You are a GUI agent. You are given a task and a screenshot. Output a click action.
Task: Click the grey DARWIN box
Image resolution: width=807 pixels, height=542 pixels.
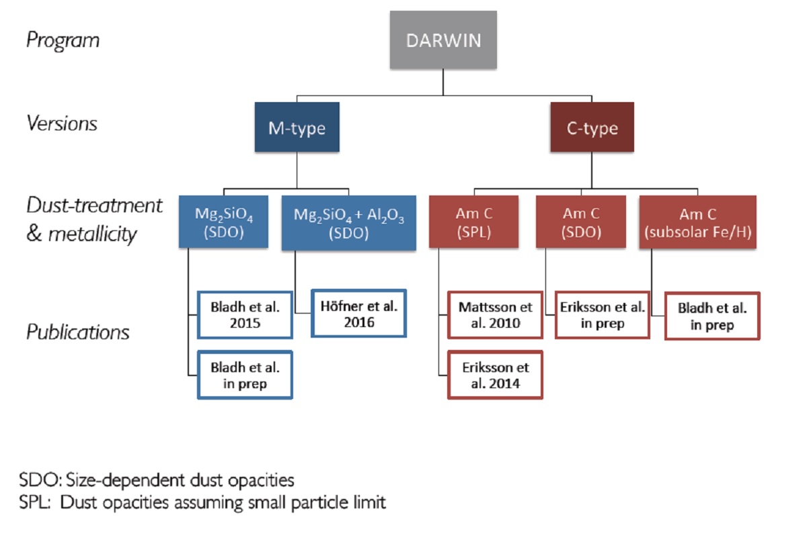443,40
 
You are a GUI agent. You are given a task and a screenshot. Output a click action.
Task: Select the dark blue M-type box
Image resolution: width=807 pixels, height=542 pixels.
297,127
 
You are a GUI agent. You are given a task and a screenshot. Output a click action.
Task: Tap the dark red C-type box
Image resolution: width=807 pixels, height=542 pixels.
592,127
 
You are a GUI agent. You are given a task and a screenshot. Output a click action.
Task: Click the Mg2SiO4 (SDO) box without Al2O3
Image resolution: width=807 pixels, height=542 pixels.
223,222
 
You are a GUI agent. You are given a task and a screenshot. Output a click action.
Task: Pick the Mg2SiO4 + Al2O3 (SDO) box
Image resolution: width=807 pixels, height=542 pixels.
349,223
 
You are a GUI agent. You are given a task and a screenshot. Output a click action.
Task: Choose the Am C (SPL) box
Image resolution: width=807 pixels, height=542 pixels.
473,222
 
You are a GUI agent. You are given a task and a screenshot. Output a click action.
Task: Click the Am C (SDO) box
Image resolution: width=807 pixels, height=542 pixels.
581,222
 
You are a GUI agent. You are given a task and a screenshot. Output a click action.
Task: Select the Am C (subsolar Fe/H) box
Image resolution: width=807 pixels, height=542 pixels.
698,222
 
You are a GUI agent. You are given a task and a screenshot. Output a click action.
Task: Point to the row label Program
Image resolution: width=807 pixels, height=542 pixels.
63,40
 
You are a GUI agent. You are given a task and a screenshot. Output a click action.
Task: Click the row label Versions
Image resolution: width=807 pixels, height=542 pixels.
62,123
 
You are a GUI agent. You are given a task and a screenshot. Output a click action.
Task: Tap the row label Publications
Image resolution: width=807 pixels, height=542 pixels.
78,332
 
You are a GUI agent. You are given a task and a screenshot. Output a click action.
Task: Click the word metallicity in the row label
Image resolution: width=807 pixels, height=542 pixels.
93,234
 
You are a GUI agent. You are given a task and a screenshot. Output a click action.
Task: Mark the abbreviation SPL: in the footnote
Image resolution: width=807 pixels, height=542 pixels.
34,502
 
